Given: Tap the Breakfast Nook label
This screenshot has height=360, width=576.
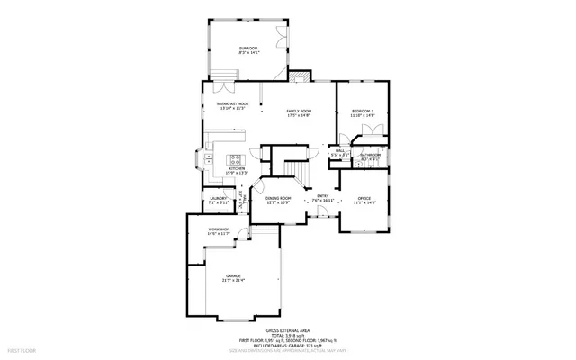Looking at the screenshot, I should [232, 105].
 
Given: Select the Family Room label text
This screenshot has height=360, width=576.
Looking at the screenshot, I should [299, 112].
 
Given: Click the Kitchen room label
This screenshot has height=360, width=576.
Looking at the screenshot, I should [237, 169].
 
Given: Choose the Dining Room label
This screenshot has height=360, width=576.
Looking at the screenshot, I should [278, 199].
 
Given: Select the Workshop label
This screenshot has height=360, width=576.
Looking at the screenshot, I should [219, 230].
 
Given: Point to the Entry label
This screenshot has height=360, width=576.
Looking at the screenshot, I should [322, 197].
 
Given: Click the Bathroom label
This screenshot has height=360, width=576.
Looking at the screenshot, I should [371, 156].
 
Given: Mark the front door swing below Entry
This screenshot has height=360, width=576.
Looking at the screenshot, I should [320, 213].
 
